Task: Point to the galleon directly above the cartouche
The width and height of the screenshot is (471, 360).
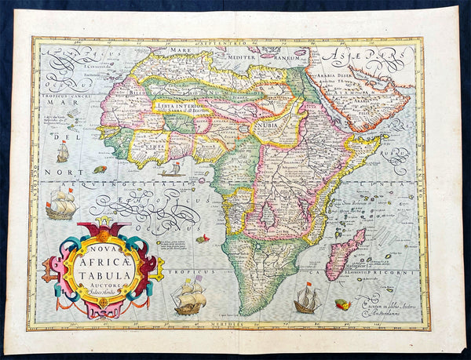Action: [x=61, y=205]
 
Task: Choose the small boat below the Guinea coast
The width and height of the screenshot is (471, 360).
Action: [x=173, y=169]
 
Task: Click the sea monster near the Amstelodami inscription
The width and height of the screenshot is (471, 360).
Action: [x=343, y=304]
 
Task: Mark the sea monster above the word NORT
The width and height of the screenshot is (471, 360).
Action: [x=100, y=169]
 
